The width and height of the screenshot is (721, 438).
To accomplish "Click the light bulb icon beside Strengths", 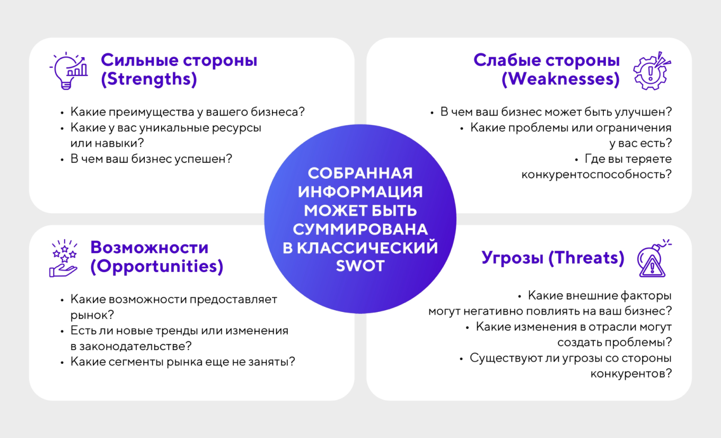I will pos(68,71).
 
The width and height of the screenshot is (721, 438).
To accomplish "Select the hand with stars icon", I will pos(64,258).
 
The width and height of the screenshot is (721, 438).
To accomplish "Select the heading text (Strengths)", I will pos(149,80).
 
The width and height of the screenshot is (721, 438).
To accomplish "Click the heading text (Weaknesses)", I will pos(560,80).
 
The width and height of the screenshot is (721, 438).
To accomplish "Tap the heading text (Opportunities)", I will pos(156,266).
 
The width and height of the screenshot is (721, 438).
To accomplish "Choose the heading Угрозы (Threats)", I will pos(553,258).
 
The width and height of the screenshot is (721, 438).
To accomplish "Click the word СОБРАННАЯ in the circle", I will pos(360,173).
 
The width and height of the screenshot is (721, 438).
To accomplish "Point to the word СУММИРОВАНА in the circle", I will pos(360,229).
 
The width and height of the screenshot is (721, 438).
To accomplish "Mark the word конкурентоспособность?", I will pos(596,174).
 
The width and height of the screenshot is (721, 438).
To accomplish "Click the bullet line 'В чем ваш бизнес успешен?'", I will pos(151,159).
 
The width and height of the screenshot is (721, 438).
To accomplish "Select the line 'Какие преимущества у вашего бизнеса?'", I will pos(188,112).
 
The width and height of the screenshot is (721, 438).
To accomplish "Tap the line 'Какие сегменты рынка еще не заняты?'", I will pos(182,362).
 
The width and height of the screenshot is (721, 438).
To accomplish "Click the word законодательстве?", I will pos(131,346).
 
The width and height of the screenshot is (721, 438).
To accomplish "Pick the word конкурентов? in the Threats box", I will pos(631,373).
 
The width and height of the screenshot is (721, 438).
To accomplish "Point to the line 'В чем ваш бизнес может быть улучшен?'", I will pos(556,112).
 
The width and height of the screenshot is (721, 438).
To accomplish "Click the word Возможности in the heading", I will pos(149,248).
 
